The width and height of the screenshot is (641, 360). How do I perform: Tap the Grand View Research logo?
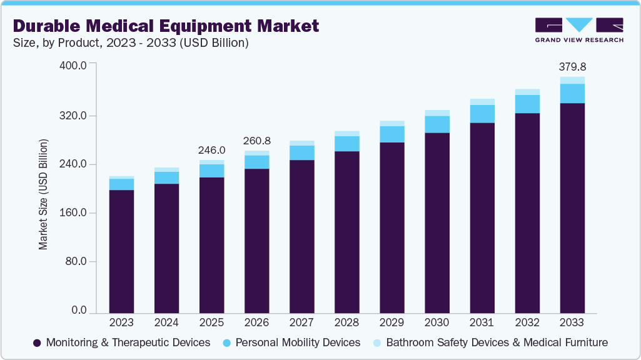click(x=579, y=30)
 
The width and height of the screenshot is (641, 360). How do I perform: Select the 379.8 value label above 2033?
click(x=572, y=67)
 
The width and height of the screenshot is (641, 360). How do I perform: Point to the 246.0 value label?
click(x=211, y=150)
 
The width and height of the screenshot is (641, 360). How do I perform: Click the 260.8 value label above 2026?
click(x=256, y=141)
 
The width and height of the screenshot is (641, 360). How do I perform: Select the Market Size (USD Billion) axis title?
click(x=43, y=194)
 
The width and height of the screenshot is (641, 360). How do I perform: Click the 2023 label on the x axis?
click(x=121, y=322)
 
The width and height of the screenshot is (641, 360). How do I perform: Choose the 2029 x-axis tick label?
click(x=391, y=322)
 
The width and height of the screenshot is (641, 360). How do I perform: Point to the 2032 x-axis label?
click(x=527, y=322)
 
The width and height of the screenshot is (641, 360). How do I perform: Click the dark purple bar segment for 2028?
click(x=346, y=231)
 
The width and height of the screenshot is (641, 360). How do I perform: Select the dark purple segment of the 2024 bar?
click(x=166, y=247)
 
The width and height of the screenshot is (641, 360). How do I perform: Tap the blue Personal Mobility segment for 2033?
click(x=572, y=93)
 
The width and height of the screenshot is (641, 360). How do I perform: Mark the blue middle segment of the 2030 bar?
click(x=437, y=124)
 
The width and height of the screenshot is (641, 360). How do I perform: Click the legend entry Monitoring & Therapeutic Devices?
click(x=121, y=342)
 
